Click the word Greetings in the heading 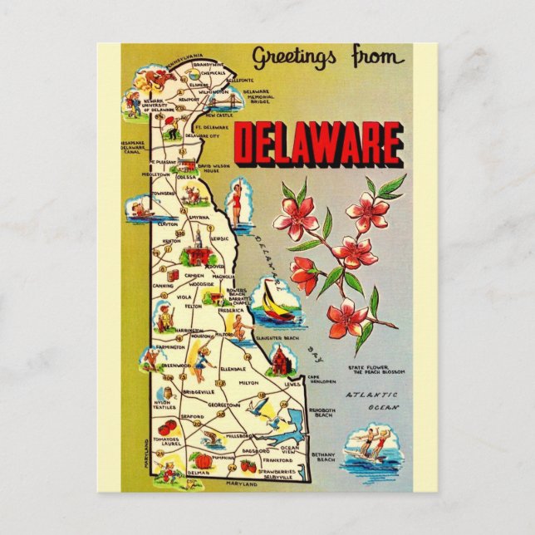click(x=294, y=57)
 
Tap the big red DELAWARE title click(x=318, y=144)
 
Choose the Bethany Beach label click(x=322, y=456)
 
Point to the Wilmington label click(x=213, y=91)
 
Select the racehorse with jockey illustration click(x=154, y=81)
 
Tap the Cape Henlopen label click(x=321, y=380)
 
